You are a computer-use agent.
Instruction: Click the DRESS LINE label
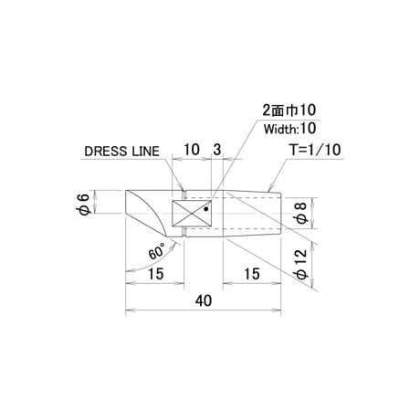pos(121,152)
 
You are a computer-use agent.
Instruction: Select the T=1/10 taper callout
pos(316,150)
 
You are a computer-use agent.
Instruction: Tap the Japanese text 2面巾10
pos(289,110)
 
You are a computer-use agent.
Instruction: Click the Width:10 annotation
pos(289,129)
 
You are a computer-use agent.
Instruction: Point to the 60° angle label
pos(157,251)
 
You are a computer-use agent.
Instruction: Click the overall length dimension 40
pos(204,300)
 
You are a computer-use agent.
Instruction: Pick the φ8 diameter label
pos(302,213)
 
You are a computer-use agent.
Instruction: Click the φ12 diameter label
pos(302,264)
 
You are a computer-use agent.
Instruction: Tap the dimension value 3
pos(216,150)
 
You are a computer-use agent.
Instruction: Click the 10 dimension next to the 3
pos(192,150)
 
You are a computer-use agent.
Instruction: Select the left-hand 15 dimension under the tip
pos(156,274)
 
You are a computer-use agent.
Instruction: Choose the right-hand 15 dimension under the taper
pos(252,274)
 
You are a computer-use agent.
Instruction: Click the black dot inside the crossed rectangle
pos(206,209)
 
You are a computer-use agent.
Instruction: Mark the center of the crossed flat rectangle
pos(192,214)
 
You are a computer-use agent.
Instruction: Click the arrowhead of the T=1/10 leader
pos(270,188)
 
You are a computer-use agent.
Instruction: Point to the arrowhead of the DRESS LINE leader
pos(181,186)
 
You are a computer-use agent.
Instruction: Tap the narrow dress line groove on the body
pos(184,213)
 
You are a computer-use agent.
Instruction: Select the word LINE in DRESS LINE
pos(145,152)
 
